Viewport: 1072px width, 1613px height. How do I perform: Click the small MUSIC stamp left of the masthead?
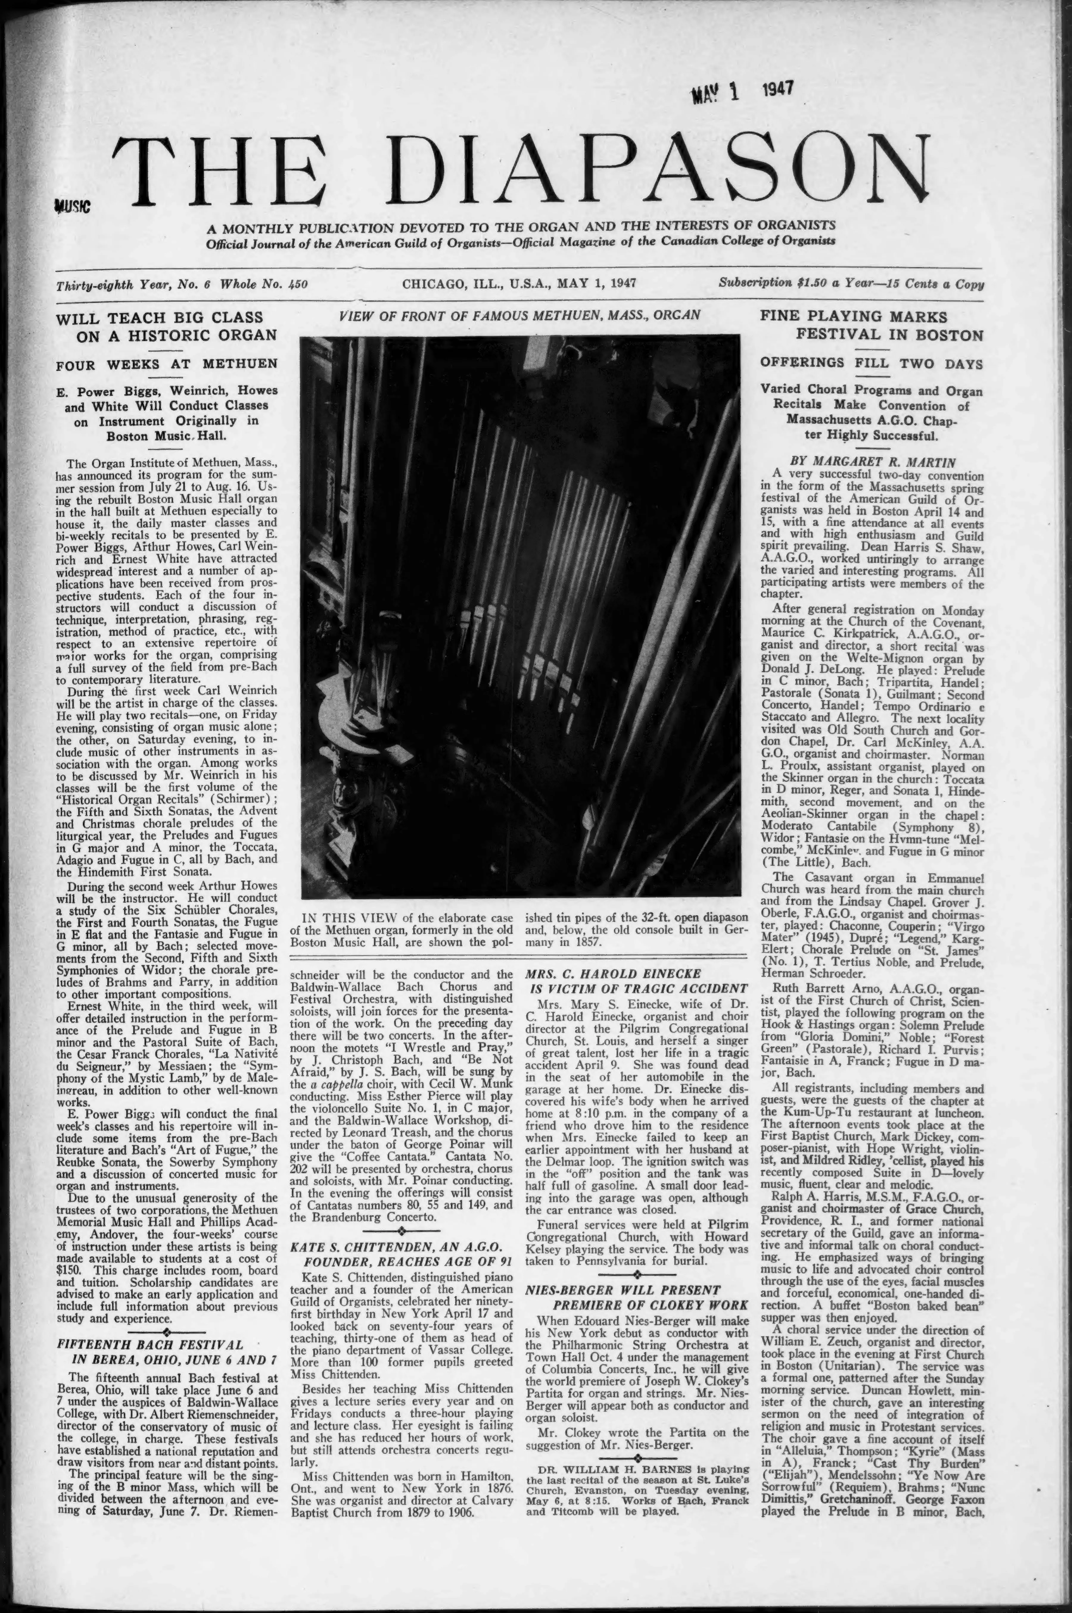click(70, 206)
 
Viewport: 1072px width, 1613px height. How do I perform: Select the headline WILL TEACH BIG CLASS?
click(159, 317)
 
